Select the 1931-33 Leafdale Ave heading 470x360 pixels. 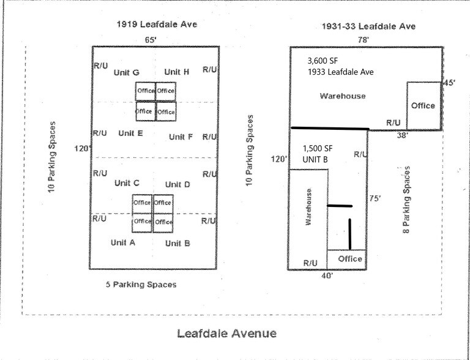pos(368,26)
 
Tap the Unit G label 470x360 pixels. pos(127,72)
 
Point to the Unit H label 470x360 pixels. pos(177,72)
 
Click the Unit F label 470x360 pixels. pos(181,137)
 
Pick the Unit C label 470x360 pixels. pos(127,182)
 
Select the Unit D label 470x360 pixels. pos(177,184)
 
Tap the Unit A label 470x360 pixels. pos(122,242)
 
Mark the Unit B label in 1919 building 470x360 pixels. pos(177,243)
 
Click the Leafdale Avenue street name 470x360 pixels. pos(226,334)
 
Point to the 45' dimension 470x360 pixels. pos(450,83)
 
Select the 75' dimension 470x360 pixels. pos(376,198)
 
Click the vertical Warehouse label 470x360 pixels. pos(308,207)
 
